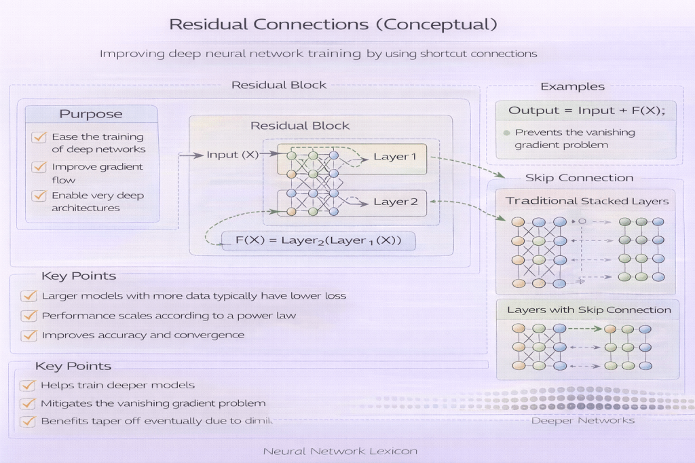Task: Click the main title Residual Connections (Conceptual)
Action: [x=333, y=24]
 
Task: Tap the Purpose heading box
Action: [x=91, y=114]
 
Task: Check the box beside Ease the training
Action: [x=39, y=137]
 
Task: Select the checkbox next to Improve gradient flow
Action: [x=39, y=167]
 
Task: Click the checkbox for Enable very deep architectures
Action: [x=39, y=196]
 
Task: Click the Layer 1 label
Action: [x=396, y=157]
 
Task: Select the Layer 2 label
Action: [x=396, y=202]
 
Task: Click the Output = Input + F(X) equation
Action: [x=587, y=111]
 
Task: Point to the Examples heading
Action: [x=572, y=86]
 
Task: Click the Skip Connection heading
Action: [x=579, y=178]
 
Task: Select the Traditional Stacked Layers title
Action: [x=587, y=201]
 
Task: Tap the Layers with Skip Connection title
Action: [x=588, y=310]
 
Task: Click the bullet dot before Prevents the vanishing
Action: [x=506, y=132]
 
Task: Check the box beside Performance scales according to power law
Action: [x=29, y=316]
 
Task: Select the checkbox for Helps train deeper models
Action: [x=28, y=385]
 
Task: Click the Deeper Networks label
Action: [x=582, y=420]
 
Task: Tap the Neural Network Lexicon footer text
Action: [x=339, y=451]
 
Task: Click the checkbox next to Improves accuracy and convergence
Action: [x=29, y=335]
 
